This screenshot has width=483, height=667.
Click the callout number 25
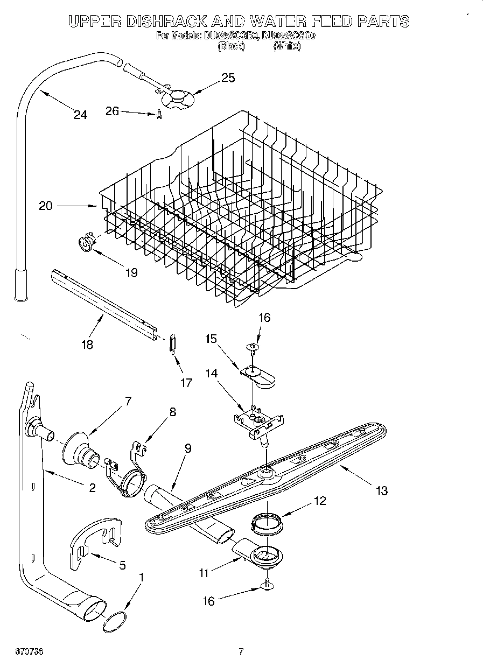click(x=228, y=78)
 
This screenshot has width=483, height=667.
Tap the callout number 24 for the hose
click(x=80, y=115)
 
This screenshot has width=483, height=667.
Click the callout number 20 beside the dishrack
click(x=46, y=206)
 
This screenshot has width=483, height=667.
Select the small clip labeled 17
click(x=172, y=343)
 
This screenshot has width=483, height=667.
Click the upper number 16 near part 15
click(x=264, y=318)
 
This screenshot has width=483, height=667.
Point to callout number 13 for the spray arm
click(x=381, y=490)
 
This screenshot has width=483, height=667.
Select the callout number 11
click(x=203, y=573)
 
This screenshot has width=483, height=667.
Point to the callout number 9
click(x=187, y=447)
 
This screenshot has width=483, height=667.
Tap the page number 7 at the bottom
click(x=242, y=652)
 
